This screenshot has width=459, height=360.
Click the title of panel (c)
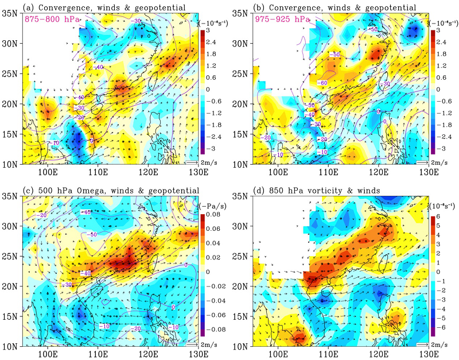pyautogui.click(x=111, y=190)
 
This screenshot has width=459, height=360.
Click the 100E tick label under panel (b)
pyautogui.click(x=278, y=171)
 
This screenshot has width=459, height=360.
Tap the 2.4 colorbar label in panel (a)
pyautogui.click(x=215, y=42)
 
